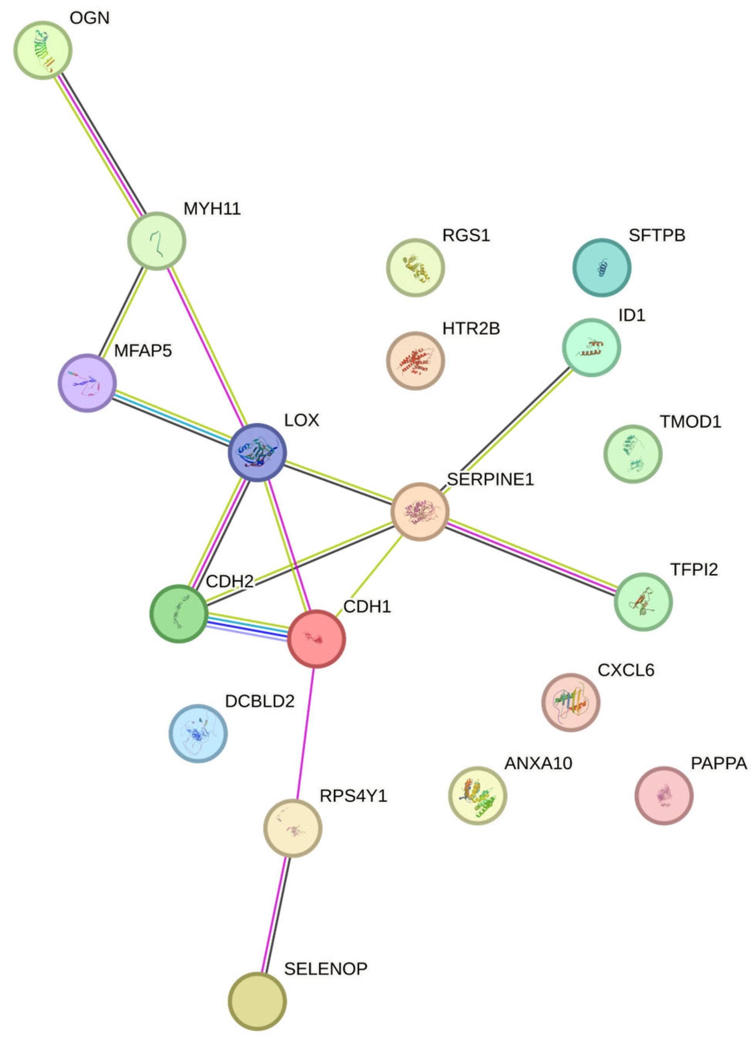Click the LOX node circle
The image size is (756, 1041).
click(x=257, y=452)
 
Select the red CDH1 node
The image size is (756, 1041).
click(x=317, y=638)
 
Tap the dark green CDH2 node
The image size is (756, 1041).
click(x=179, y=614)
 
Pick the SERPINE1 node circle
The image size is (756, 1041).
click(x=420, y=512)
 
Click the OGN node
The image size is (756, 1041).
click(x=43, y=50)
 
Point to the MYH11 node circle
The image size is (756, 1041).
click(x=156, y=241)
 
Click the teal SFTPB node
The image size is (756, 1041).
click(x=602, y=267)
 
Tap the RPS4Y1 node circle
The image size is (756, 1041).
click(x=292, y=829)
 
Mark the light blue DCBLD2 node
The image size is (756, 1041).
click(x=198, y=733)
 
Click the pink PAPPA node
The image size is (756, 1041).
click(x=664, y=795)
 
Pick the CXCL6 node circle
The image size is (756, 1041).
click(x=571, y=702)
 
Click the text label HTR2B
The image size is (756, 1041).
click(x=471, y=329)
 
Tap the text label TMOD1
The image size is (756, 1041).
click(x=690, y=421)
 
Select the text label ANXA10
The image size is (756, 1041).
click(x=538, y=763)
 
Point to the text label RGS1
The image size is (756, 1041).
click(x=466, y=235)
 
